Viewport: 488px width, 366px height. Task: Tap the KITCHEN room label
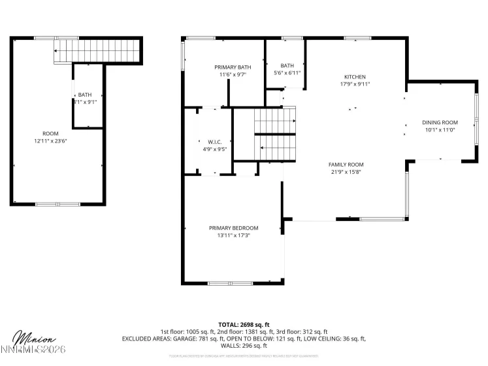(355, 77)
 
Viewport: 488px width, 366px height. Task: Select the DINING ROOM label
(439, 122)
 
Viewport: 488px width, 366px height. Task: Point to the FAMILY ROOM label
(346, 165)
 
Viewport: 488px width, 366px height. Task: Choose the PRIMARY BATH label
(233, 67)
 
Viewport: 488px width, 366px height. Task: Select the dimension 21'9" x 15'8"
(346, 172)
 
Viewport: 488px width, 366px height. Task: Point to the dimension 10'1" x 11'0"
(439, 129)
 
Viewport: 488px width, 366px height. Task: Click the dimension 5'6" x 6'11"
(287, 73)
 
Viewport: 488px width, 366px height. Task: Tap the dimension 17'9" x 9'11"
(355, 84)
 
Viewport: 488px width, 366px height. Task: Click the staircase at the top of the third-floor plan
(97, 50)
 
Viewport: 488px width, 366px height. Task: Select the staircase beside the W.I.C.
(274, 134)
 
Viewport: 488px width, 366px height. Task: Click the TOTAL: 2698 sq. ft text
(244, 324)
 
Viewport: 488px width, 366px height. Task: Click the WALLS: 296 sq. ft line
(244, 346)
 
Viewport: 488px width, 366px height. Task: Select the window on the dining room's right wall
(476, 121)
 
